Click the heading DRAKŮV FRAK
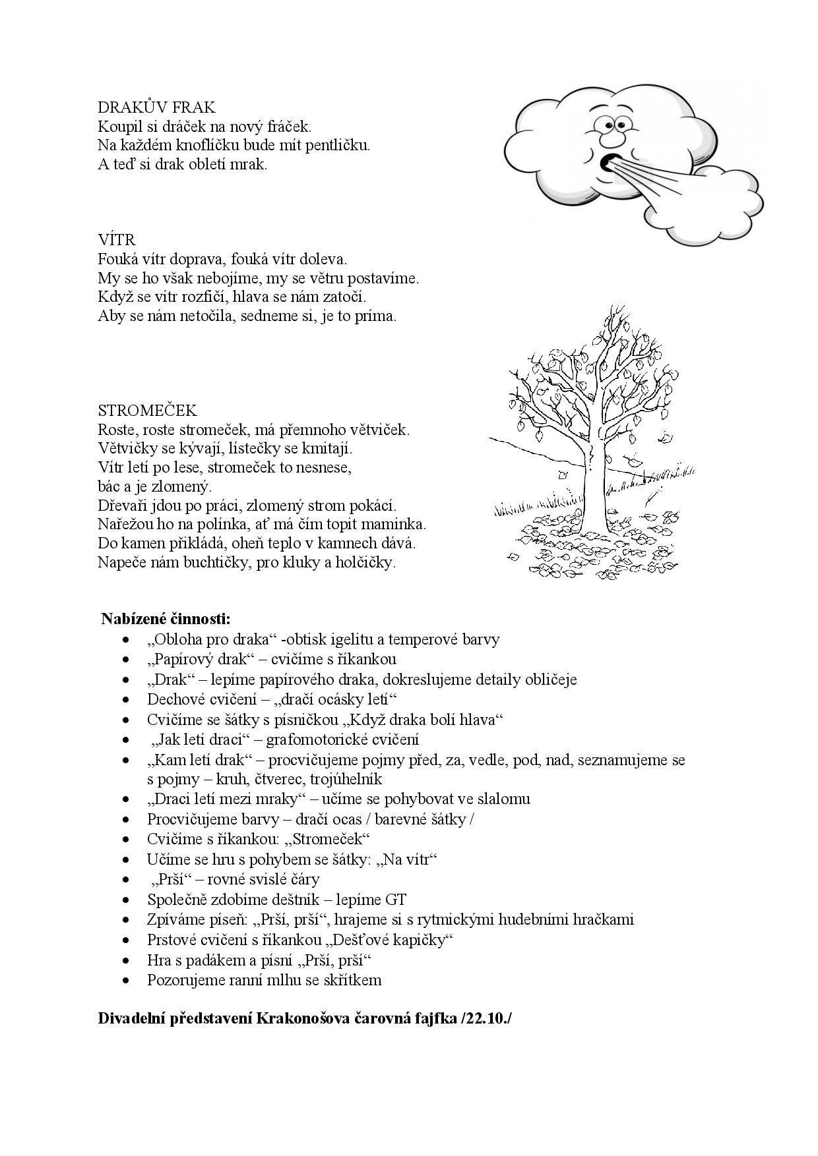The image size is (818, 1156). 156,107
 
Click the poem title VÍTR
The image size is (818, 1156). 116,240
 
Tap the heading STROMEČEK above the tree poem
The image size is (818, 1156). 147,411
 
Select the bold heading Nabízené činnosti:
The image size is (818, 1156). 166,619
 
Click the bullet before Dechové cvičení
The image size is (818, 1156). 126,700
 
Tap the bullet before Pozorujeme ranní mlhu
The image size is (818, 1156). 126,981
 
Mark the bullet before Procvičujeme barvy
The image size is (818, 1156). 126,820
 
